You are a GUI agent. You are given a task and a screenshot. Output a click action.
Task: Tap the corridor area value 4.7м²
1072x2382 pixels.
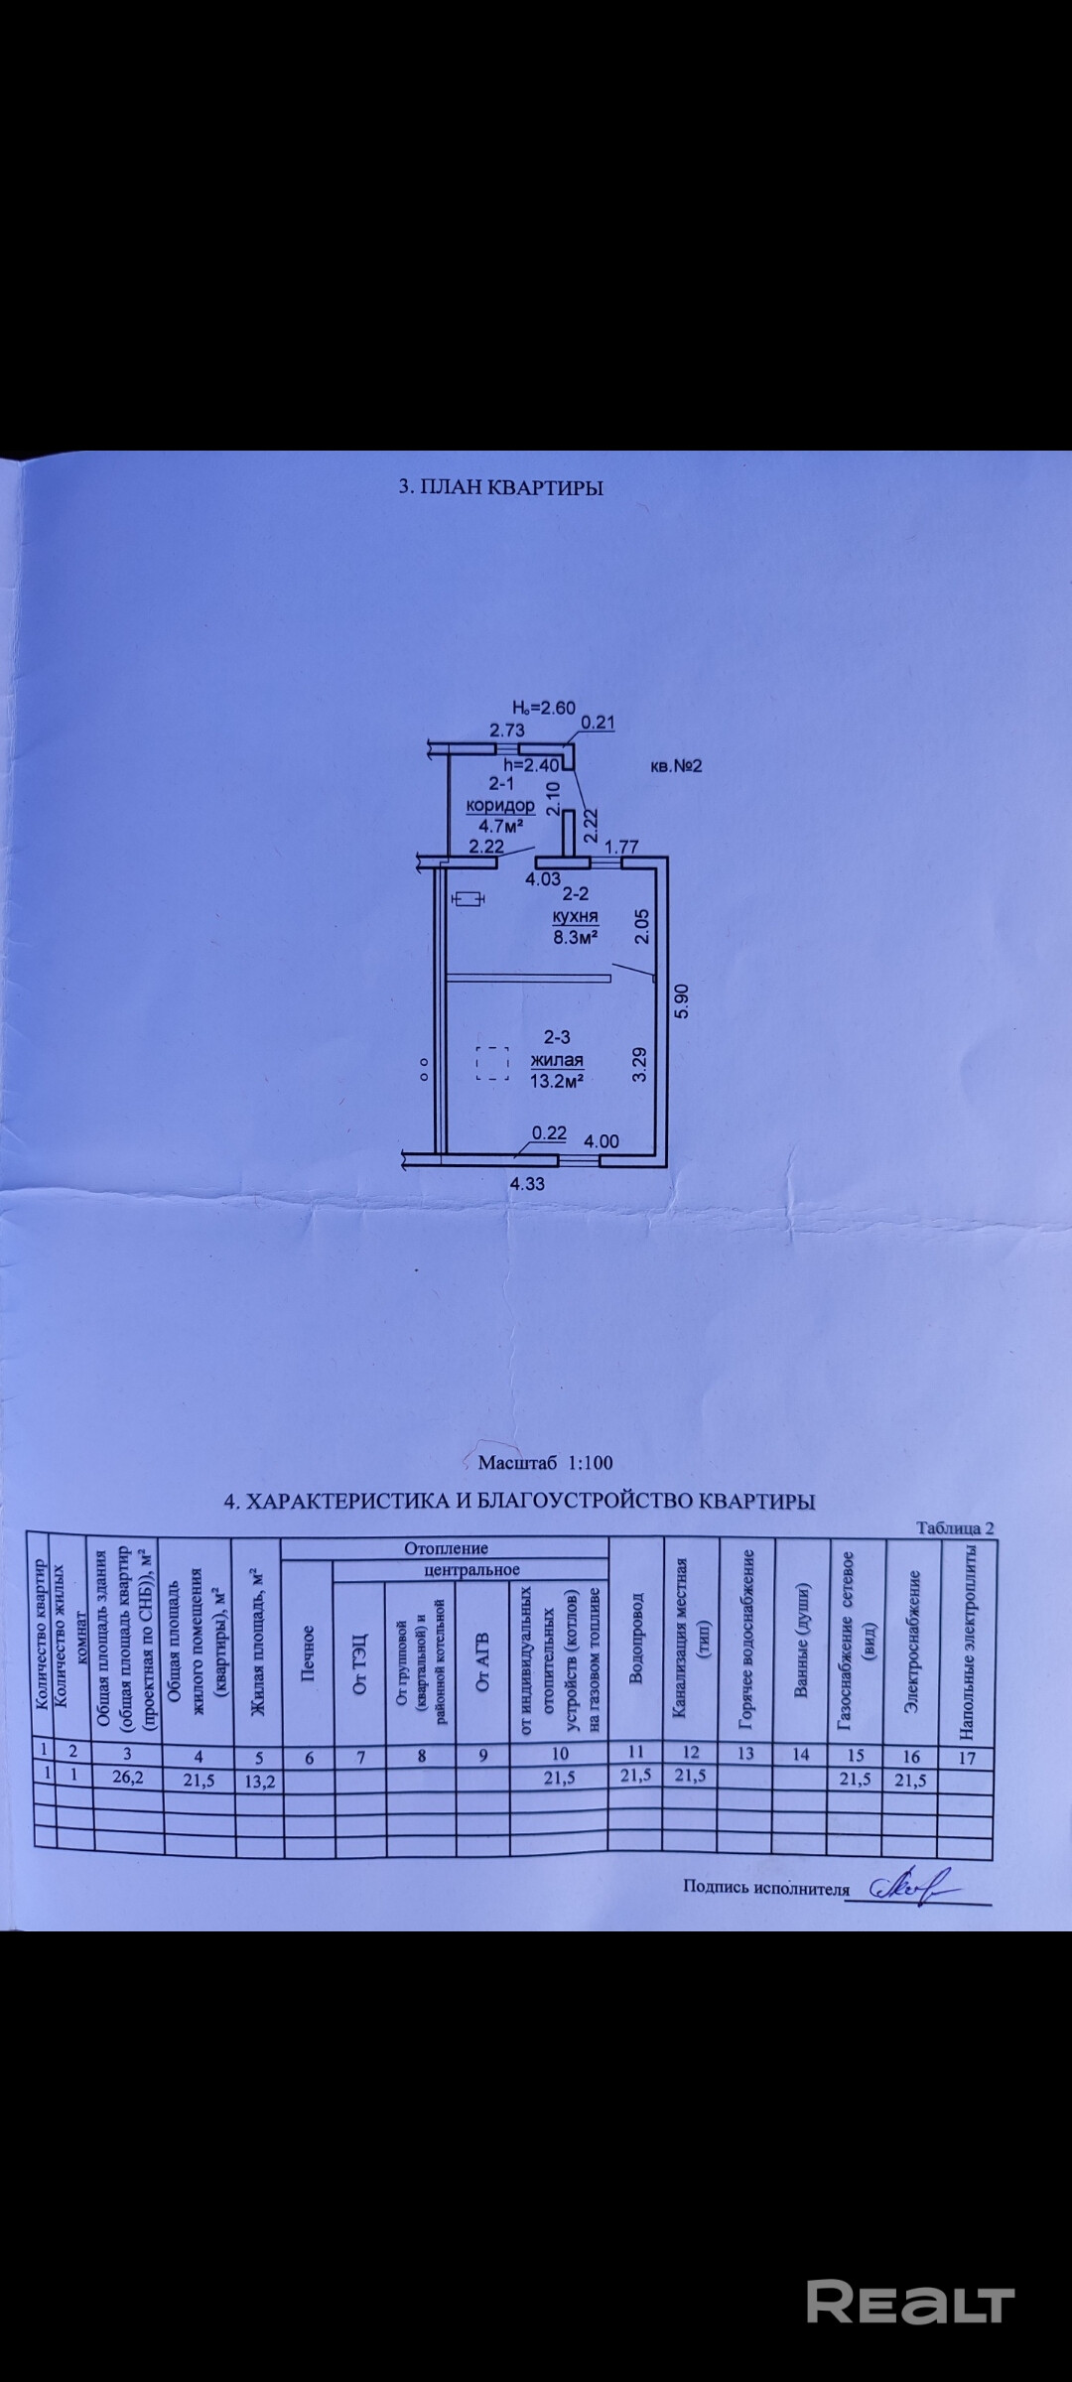pyautogui.click(x=500, y=825)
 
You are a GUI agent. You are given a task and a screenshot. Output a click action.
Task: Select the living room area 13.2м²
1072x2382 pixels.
pyautogui.click(x=556, y=1081)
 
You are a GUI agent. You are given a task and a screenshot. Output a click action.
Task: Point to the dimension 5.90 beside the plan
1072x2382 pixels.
pyautogui.click(x=680, y=1001)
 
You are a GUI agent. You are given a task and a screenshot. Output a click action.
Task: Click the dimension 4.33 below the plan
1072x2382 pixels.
pyautogui.click(x=527, y=1183)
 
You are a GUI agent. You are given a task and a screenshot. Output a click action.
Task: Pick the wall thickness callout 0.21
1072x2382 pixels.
pyautogui.click(x=598, y=724)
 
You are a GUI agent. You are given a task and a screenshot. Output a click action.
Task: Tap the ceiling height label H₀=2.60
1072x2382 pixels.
pyautogui.click(x=543, y=708)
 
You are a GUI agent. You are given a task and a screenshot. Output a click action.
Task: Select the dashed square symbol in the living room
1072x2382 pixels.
pyautogui.click(x=492, y=1063)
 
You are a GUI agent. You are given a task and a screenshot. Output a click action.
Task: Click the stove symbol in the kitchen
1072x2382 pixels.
pyautogui.click(x=468, y=899)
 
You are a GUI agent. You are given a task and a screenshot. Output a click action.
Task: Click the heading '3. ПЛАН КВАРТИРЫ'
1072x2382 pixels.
pyautogui.click(x=500, y=487)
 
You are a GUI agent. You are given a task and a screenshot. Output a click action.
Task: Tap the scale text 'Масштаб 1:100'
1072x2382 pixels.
pyautogui.click(x=545, y=1462)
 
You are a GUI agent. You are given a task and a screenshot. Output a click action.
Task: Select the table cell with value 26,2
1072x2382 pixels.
pyautogui.click(x=128, y=1776)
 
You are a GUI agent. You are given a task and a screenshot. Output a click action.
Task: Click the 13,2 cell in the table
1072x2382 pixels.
pyautogui.click(x=259, y=1781)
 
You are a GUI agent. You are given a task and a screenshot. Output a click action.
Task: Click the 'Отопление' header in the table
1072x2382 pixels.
pyautogui.click(x=446, y=1547)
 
